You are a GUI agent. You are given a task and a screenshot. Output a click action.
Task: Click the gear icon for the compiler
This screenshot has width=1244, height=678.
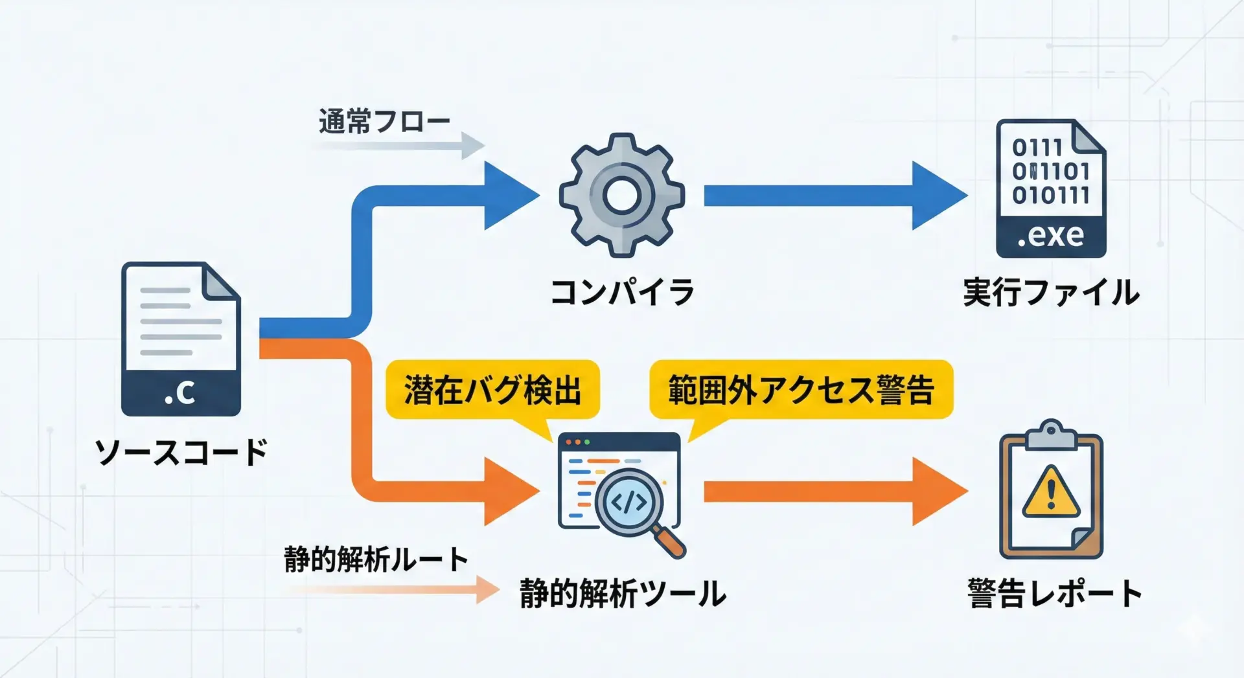click(621, 195)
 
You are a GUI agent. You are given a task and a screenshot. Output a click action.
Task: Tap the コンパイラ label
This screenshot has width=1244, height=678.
click(622, 293)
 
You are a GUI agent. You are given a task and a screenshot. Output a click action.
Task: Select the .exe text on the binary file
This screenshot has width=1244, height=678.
click(1050, 234)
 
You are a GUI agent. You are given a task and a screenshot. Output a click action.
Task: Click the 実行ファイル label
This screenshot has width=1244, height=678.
click(1050, 293)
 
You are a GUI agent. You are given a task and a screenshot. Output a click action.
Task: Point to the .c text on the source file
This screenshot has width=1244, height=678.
click(180, 392)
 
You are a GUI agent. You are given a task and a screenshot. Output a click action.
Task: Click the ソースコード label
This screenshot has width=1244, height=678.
click(181, 452)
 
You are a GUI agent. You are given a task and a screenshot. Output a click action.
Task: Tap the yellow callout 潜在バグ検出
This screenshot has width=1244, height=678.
click(492, 390)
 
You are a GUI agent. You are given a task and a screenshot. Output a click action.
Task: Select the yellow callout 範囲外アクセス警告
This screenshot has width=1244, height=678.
click(801, 390)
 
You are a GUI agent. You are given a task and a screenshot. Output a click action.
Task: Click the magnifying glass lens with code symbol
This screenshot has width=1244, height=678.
click(628, 502)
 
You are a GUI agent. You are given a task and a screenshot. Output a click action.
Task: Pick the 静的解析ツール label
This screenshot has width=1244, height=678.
click(623, 593)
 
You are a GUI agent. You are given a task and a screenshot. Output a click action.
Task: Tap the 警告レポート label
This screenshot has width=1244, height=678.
click(1054, 593)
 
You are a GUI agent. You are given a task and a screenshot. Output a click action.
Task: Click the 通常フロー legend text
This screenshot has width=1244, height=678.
click(384, 122)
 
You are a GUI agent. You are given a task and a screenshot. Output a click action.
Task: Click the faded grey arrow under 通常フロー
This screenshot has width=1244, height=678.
click(402, 146)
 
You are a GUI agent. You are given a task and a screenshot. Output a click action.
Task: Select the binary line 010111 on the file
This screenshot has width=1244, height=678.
click(1050, 196)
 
